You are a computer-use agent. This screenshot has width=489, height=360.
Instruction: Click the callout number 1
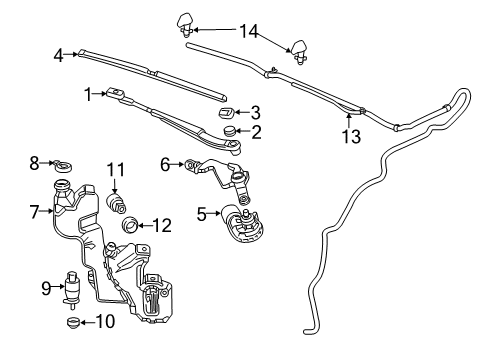pyautogui.click(x=88, y=94)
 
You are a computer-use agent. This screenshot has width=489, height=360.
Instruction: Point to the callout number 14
pyautogui.click(x=246, y=32)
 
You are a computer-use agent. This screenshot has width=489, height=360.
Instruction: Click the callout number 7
pyautogui.click(x=34, y=212)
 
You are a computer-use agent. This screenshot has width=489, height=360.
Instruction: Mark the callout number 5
pyautogui.click(x=202, y=212)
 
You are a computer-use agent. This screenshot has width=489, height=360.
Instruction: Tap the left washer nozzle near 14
pyautogui.click(x=187, y=21)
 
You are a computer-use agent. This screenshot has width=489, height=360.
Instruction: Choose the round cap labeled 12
pyautogui.click(x=130, y=228)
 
